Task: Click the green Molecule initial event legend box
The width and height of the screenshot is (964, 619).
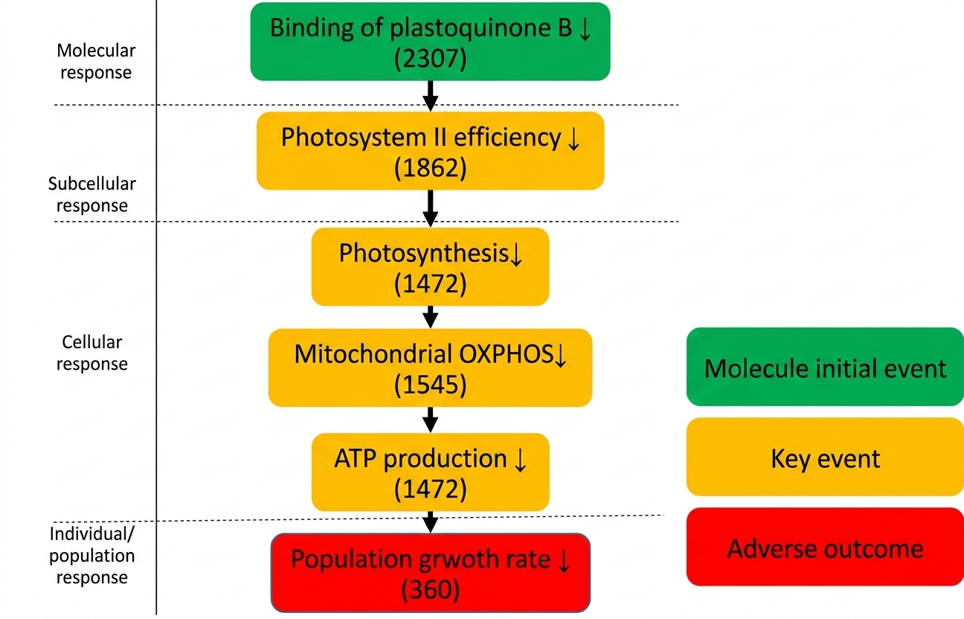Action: click(x=825, y=368)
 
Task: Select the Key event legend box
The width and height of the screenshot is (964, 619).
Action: click(x=825, y=458)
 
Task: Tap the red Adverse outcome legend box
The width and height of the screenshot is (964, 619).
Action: click(x=825, y=548)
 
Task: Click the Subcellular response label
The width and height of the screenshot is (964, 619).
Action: click(x=92, y=194)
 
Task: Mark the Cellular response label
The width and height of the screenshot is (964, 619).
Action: click(x=92, y=353)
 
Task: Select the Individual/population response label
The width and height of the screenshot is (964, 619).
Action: click(x=92, y=555)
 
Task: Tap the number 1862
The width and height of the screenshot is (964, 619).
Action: click(x=430, y=168)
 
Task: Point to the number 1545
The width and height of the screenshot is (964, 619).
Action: click(x=430, y=385)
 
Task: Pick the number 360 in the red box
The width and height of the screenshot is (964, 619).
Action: click(x=430, y=590)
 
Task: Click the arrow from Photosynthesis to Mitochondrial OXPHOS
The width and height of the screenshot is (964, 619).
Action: click(x=430, y=316)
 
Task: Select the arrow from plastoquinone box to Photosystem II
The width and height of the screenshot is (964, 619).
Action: click(x=430, y=95)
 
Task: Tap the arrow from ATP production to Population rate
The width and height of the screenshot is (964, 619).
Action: click(x=430, y=522)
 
